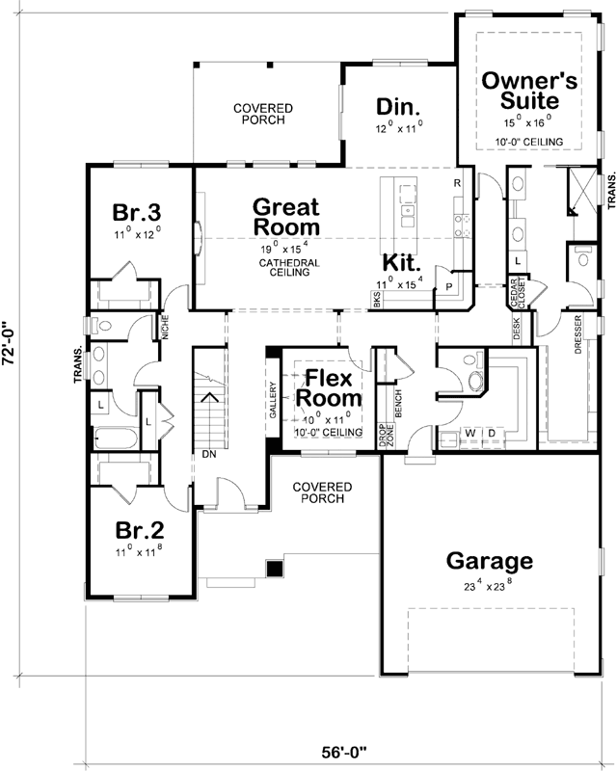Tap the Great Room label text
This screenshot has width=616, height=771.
pyautogui.click(x=286, y=216)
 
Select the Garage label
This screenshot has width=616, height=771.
pyautogui.click(x=489, y=561)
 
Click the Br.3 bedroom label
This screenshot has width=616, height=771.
pyautogui.click(x=137, y=212)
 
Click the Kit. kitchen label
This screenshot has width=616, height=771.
pyautogui.click(x=400, y=262)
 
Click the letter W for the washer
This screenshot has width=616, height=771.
pyautogui.click(x=469, y=433)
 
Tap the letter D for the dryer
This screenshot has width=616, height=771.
pyautogui.click(x=490, y=433)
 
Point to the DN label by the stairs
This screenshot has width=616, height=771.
pyautogui.click(x=208, y=453)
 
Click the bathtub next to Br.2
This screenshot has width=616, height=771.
pyautogui.click(x=117, y=439)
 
